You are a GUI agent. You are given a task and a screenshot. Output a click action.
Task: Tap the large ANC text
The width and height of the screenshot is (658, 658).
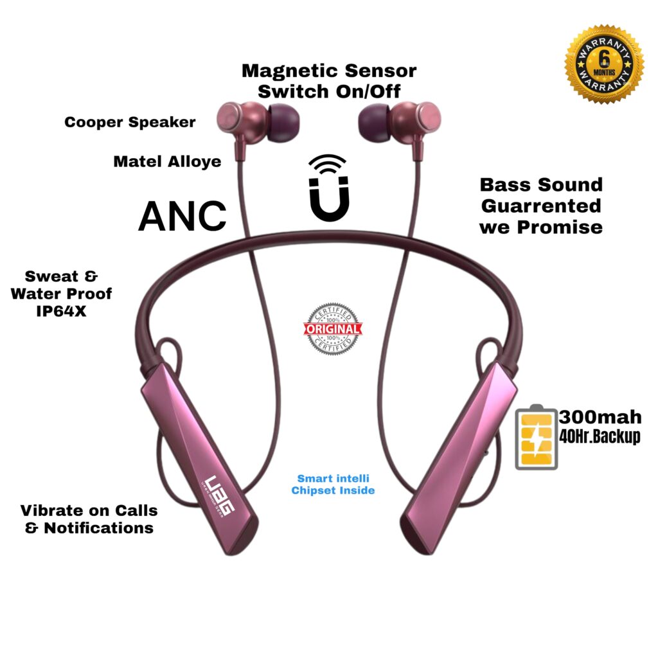click(182, 216)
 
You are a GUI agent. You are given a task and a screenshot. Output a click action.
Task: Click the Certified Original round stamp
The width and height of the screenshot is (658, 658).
click(332, 329)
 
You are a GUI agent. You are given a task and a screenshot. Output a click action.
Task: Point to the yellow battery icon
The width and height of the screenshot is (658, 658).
click(536, 438)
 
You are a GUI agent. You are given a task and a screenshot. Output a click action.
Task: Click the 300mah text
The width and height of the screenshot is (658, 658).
click(600, 418)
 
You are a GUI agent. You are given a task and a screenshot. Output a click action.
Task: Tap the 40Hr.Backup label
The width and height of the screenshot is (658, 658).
click(600, 438)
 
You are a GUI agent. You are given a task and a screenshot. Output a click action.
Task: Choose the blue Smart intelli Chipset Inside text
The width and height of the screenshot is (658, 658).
click(333, 485)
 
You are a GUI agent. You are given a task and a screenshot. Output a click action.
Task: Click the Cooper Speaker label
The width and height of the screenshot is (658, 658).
click(130, 122)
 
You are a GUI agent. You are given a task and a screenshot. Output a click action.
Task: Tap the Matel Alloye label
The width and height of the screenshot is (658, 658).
click(167, 161)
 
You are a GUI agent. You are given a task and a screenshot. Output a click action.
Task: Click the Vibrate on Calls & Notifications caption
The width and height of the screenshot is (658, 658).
click(89, 519)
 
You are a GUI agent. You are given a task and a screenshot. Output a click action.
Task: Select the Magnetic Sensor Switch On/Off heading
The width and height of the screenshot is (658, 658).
click(329, 80)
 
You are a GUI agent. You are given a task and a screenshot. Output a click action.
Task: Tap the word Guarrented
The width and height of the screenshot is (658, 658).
click(541, 206)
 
